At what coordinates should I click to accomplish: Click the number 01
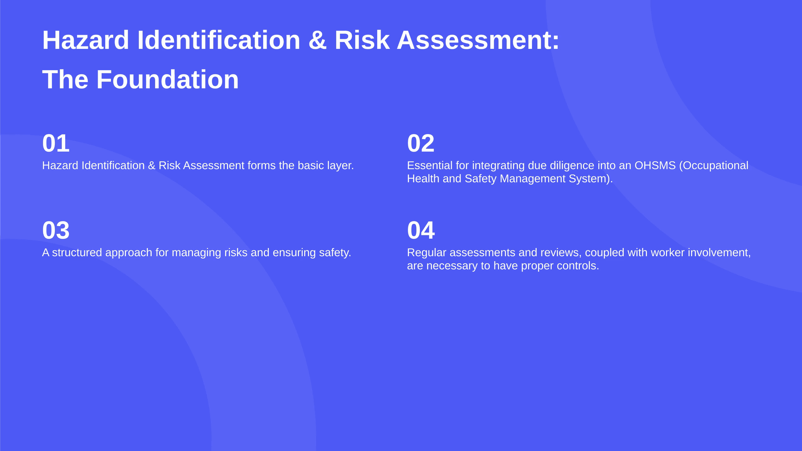tap(56, 143)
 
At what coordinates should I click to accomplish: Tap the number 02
tap(421, 143)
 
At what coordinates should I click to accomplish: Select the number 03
tap(56, 231)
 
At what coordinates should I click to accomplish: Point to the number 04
tap(421, 231)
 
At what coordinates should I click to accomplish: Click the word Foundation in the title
tap(168, 80)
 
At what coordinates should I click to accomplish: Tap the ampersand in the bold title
tap(318, 40)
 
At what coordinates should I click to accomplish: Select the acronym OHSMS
tap(655, 165)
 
